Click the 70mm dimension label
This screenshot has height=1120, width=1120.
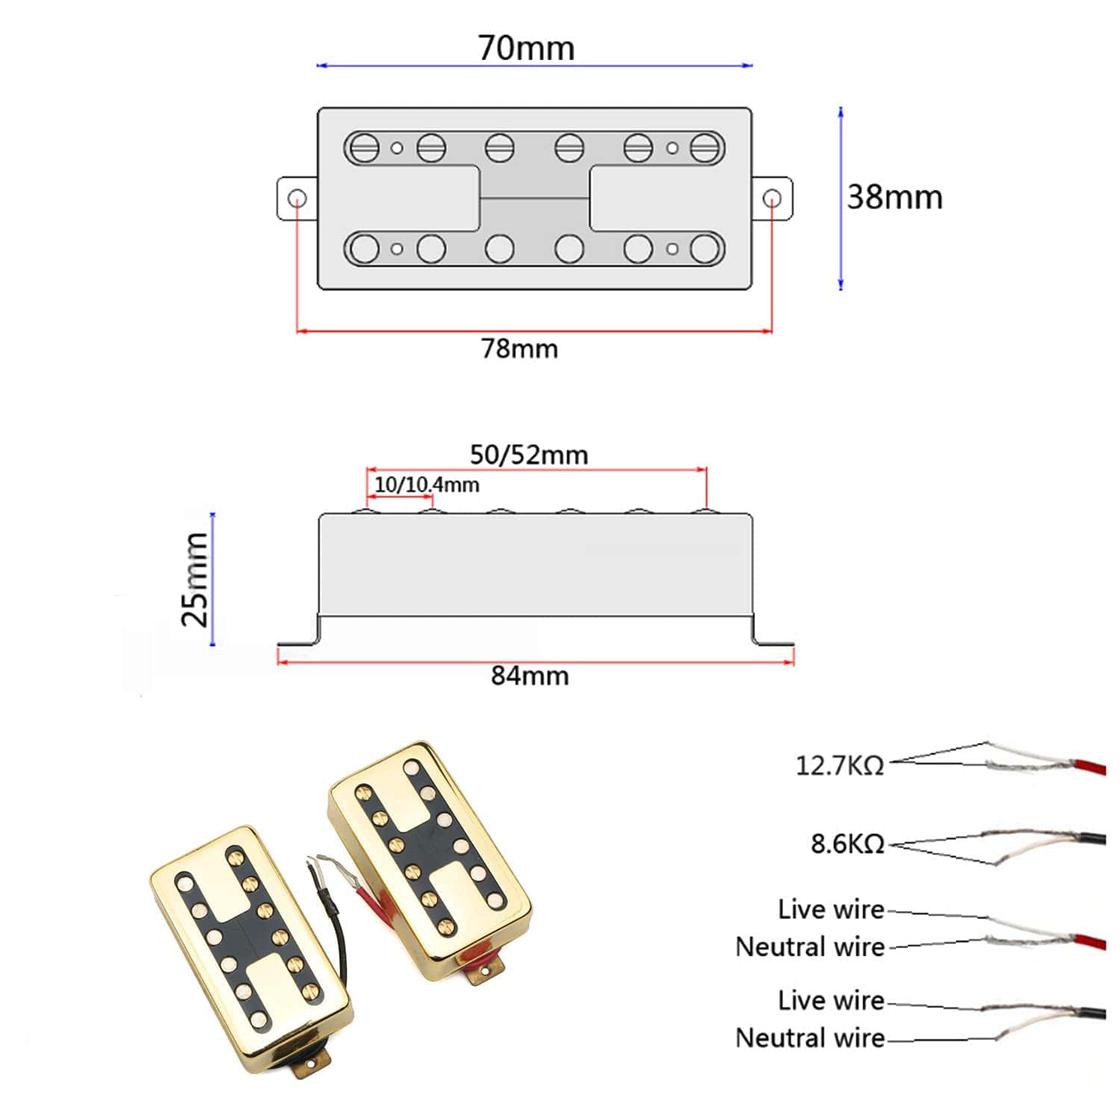pyautogui.click(x=526, y=48)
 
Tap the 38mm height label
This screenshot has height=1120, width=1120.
pyautogui.click(x=895, y=197)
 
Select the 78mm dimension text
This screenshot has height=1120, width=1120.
pyautogui.click(x=520, y=349)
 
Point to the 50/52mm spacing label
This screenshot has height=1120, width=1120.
pyautogui.click(x=529, y=455)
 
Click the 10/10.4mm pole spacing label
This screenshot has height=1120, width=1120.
pyautogui.click(x=426, y=485)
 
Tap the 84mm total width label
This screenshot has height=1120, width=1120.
pyautogui.click(x=530, y=676)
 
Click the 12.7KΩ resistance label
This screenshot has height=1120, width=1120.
pyautogui.click(x=839, y=765)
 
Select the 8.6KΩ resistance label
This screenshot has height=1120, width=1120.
pyautogui.click(x=847, y=844)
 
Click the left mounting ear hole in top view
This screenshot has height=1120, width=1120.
pyautogui.click(x=297, y=199)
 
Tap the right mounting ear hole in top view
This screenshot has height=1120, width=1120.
pyautogui.click(x=773, y=199)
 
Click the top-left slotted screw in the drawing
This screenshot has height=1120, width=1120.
pyautogui.click(x=365, y=147)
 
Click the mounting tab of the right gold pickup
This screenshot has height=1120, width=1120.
pyautogui.click(x=484, y=971)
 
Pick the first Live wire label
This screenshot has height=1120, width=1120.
pyautogui.click(x=831, y=909)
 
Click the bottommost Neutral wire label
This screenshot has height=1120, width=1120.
pyautogui.click(x=810, y=1037)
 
